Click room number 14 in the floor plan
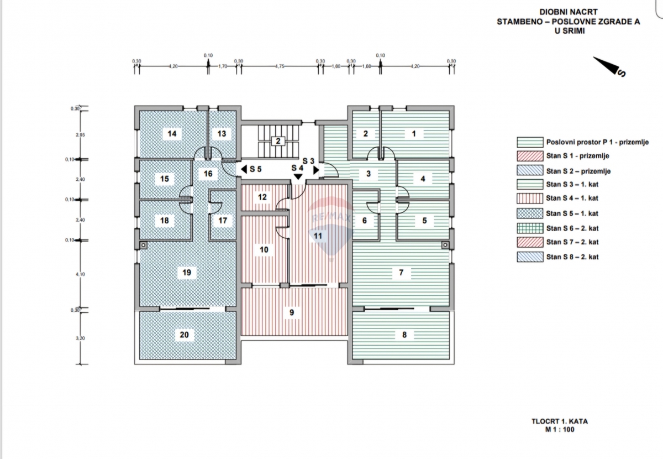pos(172,134)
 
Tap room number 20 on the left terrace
pos(184,335)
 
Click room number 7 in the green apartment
pos(401,273)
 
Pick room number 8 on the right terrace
pos(404,335)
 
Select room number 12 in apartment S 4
pos(262,197)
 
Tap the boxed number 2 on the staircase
pos(278,141)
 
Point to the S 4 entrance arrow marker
pos(298,176)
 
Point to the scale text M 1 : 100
pos(559,429)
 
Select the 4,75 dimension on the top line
pos(279,66)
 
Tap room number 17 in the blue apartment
pos(223,221)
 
